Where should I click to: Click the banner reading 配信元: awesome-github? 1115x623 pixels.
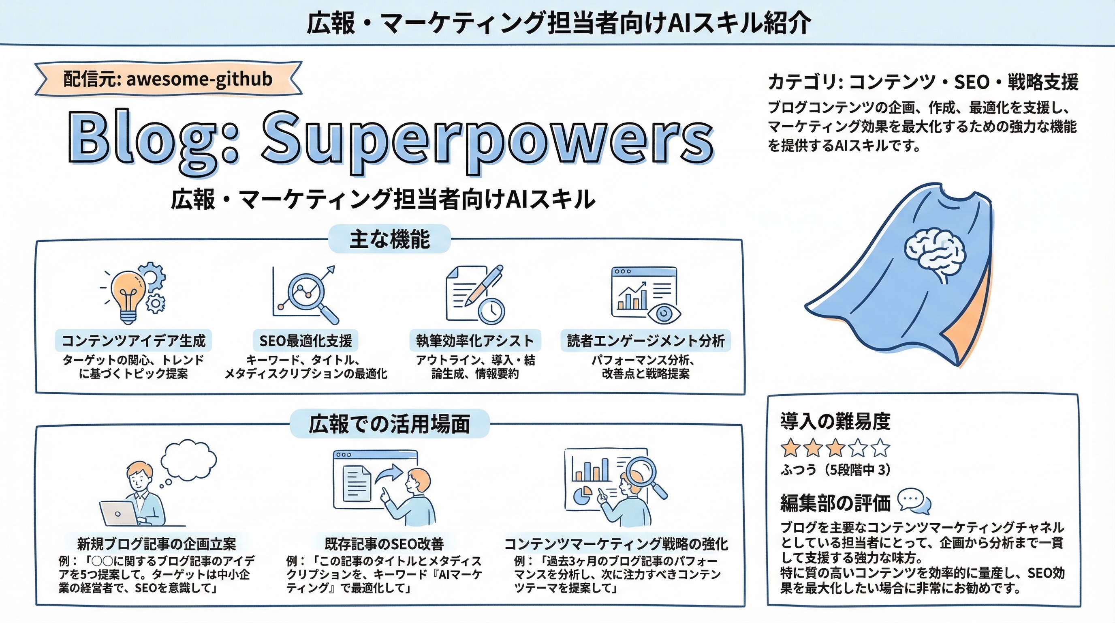pos(168,79)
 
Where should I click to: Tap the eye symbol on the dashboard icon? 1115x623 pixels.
pos(664,313)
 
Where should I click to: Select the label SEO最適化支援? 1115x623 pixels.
pos(305,341)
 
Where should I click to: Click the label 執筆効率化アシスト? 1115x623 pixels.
pos(475,341)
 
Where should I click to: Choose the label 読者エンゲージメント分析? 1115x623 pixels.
pos(645,341)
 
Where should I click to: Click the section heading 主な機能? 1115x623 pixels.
pos(389,239)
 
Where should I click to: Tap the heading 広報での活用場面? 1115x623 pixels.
pos(389,424)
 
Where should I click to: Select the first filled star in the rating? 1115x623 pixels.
pos(790,448)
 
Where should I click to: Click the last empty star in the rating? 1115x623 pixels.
pos(880,448)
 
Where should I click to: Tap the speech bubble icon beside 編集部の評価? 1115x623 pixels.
pos(913,502)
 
